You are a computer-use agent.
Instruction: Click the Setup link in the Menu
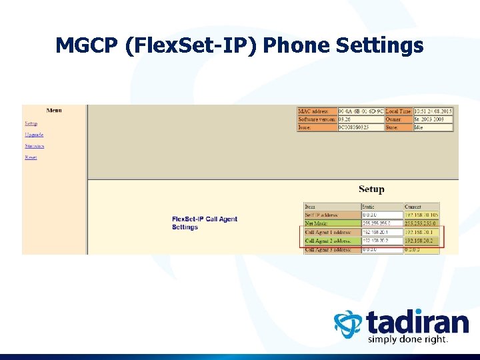[31, 123]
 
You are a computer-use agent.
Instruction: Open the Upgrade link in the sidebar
[34, 135]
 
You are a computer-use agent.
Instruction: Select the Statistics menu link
[35, 146]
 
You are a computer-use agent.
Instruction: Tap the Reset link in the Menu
[31, 157]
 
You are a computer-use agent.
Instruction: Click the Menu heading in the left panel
[54, 110]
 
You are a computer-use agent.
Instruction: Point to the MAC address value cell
[361, 111]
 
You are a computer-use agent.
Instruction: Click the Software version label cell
[317, 119]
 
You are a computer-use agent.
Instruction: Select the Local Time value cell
[433, 111]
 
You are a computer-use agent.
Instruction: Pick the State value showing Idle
[433, 127]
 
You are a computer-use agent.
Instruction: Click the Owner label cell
[398, 119]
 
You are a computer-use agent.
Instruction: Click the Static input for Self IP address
[382, 215]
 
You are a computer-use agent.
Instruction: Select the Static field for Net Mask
[382, 223]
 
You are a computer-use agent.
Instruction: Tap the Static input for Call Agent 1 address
[382, 232]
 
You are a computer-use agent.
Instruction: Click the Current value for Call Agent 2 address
[421, 241]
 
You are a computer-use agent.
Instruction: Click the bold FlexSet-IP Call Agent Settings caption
[204, 223]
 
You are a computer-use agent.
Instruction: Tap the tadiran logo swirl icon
[348, 325]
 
